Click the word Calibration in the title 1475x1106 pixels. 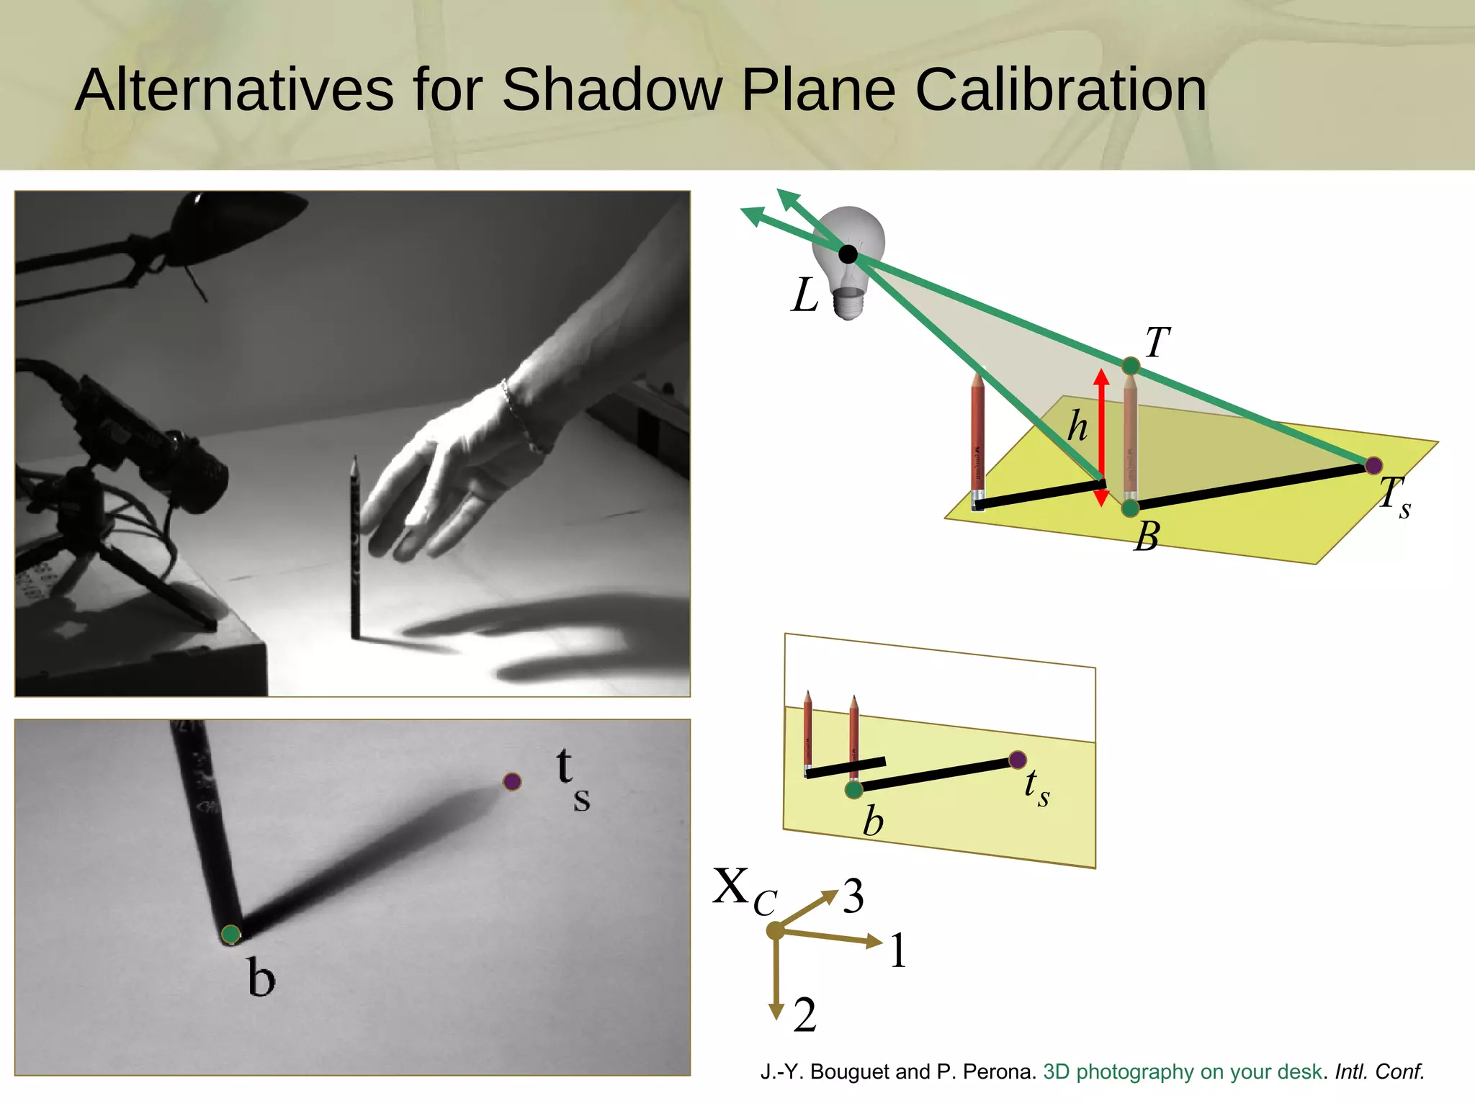click(x=1060, y=90)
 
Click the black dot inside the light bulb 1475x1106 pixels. click(x=848, y=253)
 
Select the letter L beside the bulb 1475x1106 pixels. click(x=804, y=295)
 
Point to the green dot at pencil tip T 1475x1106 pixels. click(x=1131, y=366)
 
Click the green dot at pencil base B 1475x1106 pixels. click(x=1130, y=508)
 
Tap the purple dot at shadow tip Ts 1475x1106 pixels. click(x=1373, y=465)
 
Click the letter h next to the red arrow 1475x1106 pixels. click(x=1077, y=426)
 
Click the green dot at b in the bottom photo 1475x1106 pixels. click(x=230, y=935)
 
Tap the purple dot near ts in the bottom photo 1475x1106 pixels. click(x=512, y=781)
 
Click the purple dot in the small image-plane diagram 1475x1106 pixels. click(x=1017, y=760)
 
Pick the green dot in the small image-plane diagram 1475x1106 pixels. click(x=853, y=791)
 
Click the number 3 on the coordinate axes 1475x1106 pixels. click(x=853, y=896)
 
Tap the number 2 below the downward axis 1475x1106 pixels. click(x=805, y=1015)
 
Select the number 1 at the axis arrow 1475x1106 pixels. click(x=898, y=951)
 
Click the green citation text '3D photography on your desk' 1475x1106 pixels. click(x=1182, y=1072)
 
